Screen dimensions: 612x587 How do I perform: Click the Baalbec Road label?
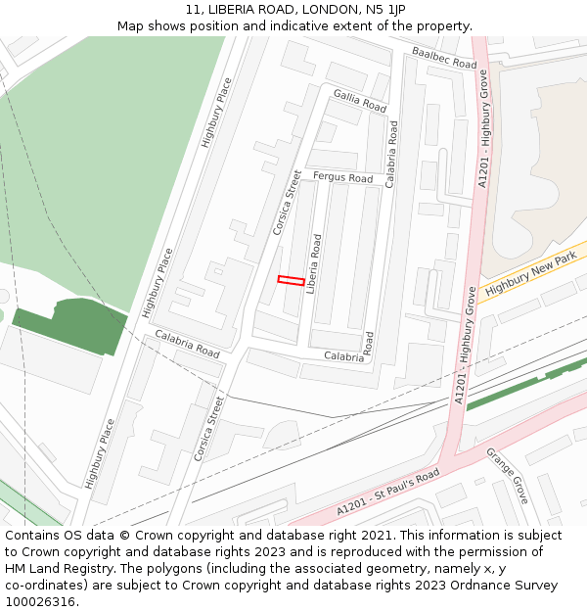443,57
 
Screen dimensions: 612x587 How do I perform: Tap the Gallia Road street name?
360,99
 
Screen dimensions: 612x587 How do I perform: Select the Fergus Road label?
343,178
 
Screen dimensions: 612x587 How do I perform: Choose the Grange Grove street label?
508,476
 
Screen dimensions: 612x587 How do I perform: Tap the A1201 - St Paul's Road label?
387,492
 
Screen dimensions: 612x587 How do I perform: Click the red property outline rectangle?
291,280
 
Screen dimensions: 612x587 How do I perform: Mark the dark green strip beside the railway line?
524,383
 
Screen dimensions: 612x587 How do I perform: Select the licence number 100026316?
41,602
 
